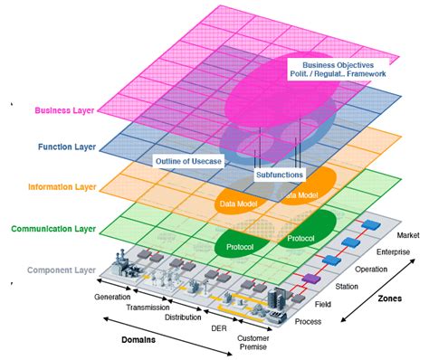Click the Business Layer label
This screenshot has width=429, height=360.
[x=65, y=111]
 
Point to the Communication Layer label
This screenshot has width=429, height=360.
[x=56, y=229]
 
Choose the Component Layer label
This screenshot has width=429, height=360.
[x=62, y=270]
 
